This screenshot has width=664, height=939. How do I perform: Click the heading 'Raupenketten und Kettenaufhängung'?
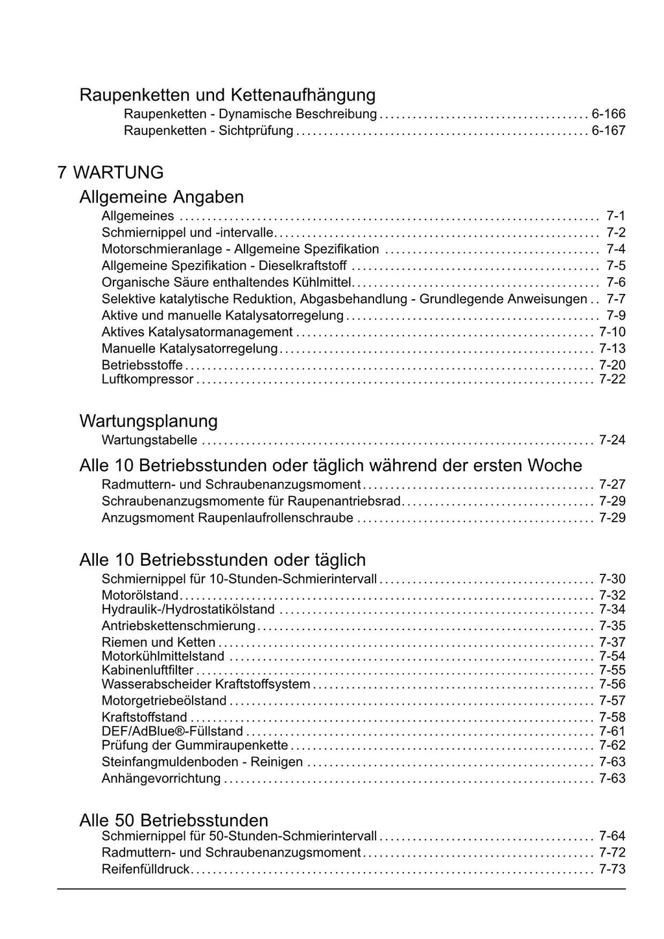[227, 95]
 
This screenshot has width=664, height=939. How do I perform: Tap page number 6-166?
[608, 114]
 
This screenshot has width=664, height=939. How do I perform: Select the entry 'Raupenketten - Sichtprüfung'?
[208, 131]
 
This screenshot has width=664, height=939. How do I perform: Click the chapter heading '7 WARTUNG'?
[110, 173]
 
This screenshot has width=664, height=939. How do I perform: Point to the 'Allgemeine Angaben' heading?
[161, 197]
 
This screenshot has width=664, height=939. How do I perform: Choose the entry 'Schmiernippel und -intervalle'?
[187, 232]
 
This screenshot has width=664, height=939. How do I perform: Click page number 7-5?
[615, 266]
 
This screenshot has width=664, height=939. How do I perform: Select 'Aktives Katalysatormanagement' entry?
[197, 332]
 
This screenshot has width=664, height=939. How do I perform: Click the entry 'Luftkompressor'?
[147, 379]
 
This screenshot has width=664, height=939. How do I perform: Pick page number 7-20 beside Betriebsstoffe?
[611, 365]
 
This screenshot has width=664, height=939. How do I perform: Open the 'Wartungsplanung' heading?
[148, 421]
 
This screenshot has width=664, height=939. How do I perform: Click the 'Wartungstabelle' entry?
[149, 440]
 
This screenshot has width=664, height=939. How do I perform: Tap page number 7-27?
[611, 485]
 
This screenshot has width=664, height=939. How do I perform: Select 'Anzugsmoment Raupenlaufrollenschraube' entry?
[227, 518]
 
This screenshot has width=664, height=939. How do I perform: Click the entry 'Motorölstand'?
[139, 595]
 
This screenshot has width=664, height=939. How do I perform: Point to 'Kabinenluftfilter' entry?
[147, 670]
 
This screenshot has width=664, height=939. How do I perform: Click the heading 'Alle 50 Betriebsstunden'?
[174, 820]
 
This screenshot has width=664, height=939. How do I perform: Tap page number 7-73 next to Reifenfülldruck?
[611, 870]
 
